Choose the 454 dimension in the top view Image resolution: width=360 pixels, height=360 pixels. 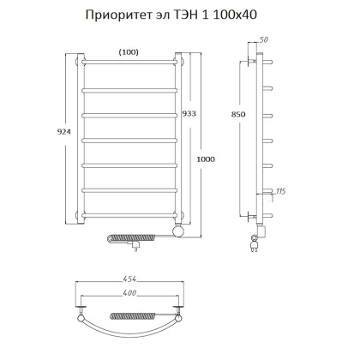129,279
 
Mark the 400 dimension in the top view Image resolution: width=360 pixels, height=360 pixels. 129,295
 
